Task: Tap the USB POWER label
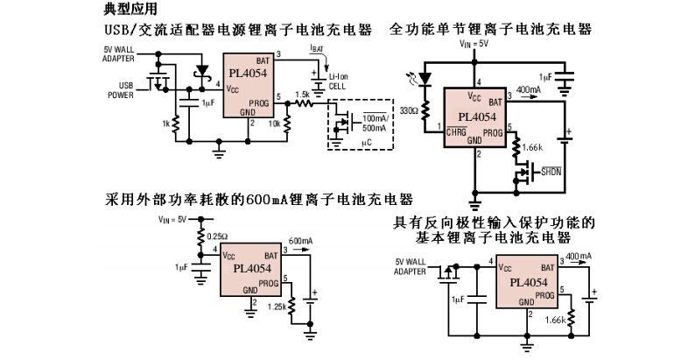pyautogui.click(x=123, y=91)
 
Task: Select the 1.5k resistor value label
pyautogui.click(x=302, y=94)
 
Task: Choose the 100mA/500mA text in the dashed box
pyautogui.click(x=376, y=123)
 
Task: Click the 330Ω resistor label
pyautogui.click(x=408, y=112)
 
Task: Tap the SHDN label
pyautogui.click(x=551, y=173)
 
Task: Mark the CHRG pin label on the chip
pyautogui.click(x=457, y=131)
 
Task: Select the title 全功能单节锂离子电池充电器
pyautogui.click(x=491, y=30)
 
